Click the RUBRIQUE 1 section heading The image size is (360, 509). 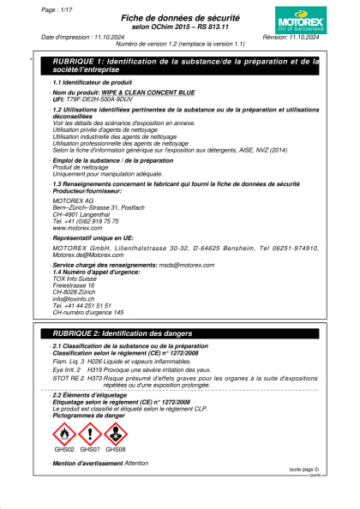point(184,65)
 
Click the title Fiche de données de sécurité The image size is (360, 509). point(179,16)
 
